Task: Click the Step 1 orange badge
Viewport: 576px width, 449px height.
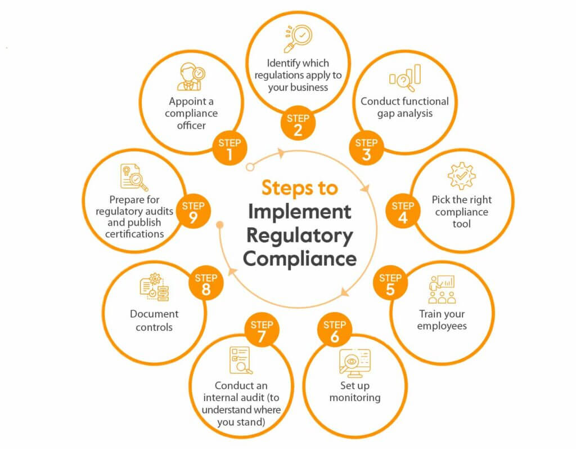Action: click(229, 148)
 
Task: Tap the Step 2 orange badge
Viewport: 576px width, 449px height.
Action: click(298, 124)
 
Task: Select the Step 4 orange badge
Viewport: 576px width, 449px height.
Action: click(403, 211)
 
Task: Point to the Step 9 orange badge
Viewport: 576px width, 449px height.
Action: click(193, 211)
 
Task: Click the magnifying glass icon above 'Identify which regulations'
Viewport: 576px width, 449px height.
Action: click(298, 38)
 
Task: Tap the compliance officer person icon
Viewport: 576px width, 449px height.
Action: click(191, 77)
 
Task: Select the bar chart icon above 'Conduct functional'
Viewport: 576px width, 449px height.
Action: click(405, 78)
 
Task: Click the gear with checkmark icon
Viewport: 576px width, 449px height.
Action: click(462, 176)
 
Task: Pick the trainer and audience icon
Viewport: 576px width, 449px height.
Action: click(442, 289)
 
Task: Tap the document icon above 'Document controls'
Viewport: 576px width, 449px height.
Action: click(154, 287)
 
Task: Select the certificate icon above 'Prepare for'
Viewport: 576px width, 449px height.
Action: click(134, 177)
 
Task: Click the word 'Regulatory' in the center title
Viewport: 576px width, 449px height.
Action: click(300, 235)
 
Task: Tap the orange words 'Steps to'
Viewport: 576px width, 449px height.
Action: click(300, 188)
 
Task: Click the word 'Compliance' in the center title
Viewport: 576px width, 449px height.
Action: click(300, 259)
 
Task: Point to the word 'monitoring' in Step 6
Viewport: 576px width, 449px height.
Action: click(355, 398)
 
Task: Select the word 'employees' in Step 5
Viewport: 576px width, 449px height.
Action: click(442, 326)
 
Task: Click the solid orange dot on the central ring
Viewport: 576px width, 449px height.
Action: click(220, 225)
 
